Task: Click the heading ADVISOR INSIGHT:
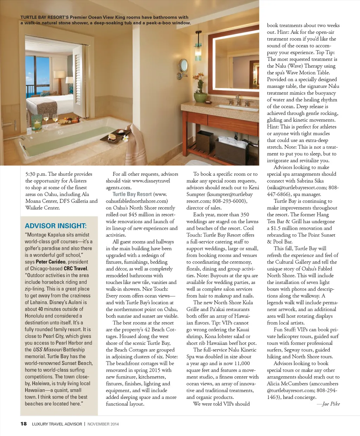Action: tap(56, 226)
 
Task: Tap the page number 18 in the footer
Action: tap(24, 424)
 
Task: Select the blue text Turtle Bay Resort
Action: tap(132, 194)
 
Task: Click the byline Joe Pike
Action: tap(331, 404)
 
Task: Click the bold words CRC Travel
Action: tap(75, 269)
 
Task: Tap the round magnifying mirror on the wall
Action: tap(184, 65)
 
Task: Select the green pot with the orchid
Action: tap(200, 97)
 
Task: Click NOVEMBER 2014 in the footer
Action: tap(103, 424)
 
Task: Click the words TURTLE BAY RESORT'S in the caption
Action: tap(44, 17)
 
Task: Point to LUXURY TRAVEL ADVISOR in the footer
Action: tap(57, 424)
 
